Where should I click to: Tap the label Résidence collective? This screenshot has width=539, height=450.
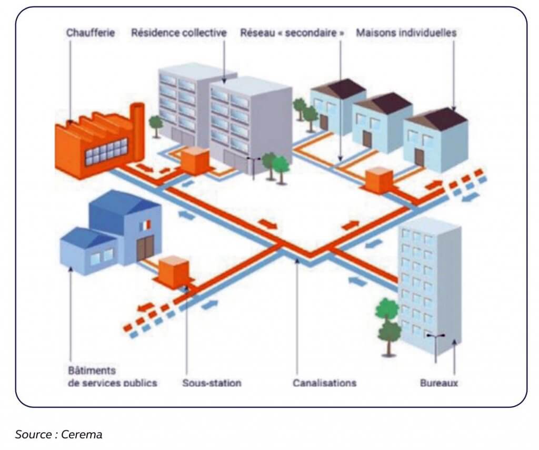point(179,33)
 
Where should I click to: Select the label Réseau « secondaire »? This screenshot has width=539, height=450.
point(293,33)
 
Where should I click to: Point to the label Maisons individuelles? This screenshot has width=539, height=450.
point(406,33)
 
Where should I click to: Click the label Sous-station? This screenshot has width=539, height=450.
point(212,383)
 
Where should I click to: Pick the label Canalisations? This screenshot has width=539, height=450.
point(324,383)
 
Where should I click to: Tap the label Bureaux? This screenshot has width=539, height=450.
point(439,383)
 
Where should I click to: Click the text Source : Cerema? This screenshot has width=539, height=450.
point(58,434)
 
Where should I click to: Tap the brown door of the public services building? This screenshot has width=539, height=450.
point(145,248)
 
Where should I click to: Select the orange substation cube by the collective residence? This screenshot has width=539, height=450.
point(195,161)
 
